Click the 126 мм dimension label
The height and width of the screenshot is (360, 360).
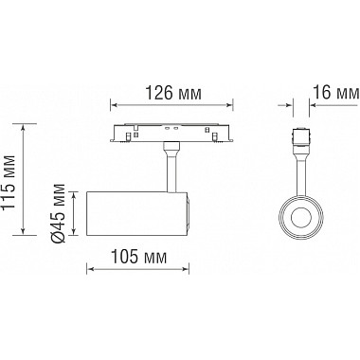(173, 93)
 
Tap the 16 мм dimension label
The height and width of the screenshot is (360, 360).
(336, 92)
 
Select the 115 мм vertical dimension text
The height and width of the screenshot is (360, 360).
(9, 182)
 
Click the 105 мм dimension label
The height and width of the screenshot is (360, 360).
(139, 257)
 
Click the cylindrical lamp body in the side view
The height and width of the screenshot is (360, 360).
(136, 213)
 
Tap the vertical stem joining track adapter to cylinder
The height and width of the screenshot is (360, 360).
(171, 171)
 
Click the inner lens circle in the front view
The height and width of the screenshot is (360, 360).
(301, 218)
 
